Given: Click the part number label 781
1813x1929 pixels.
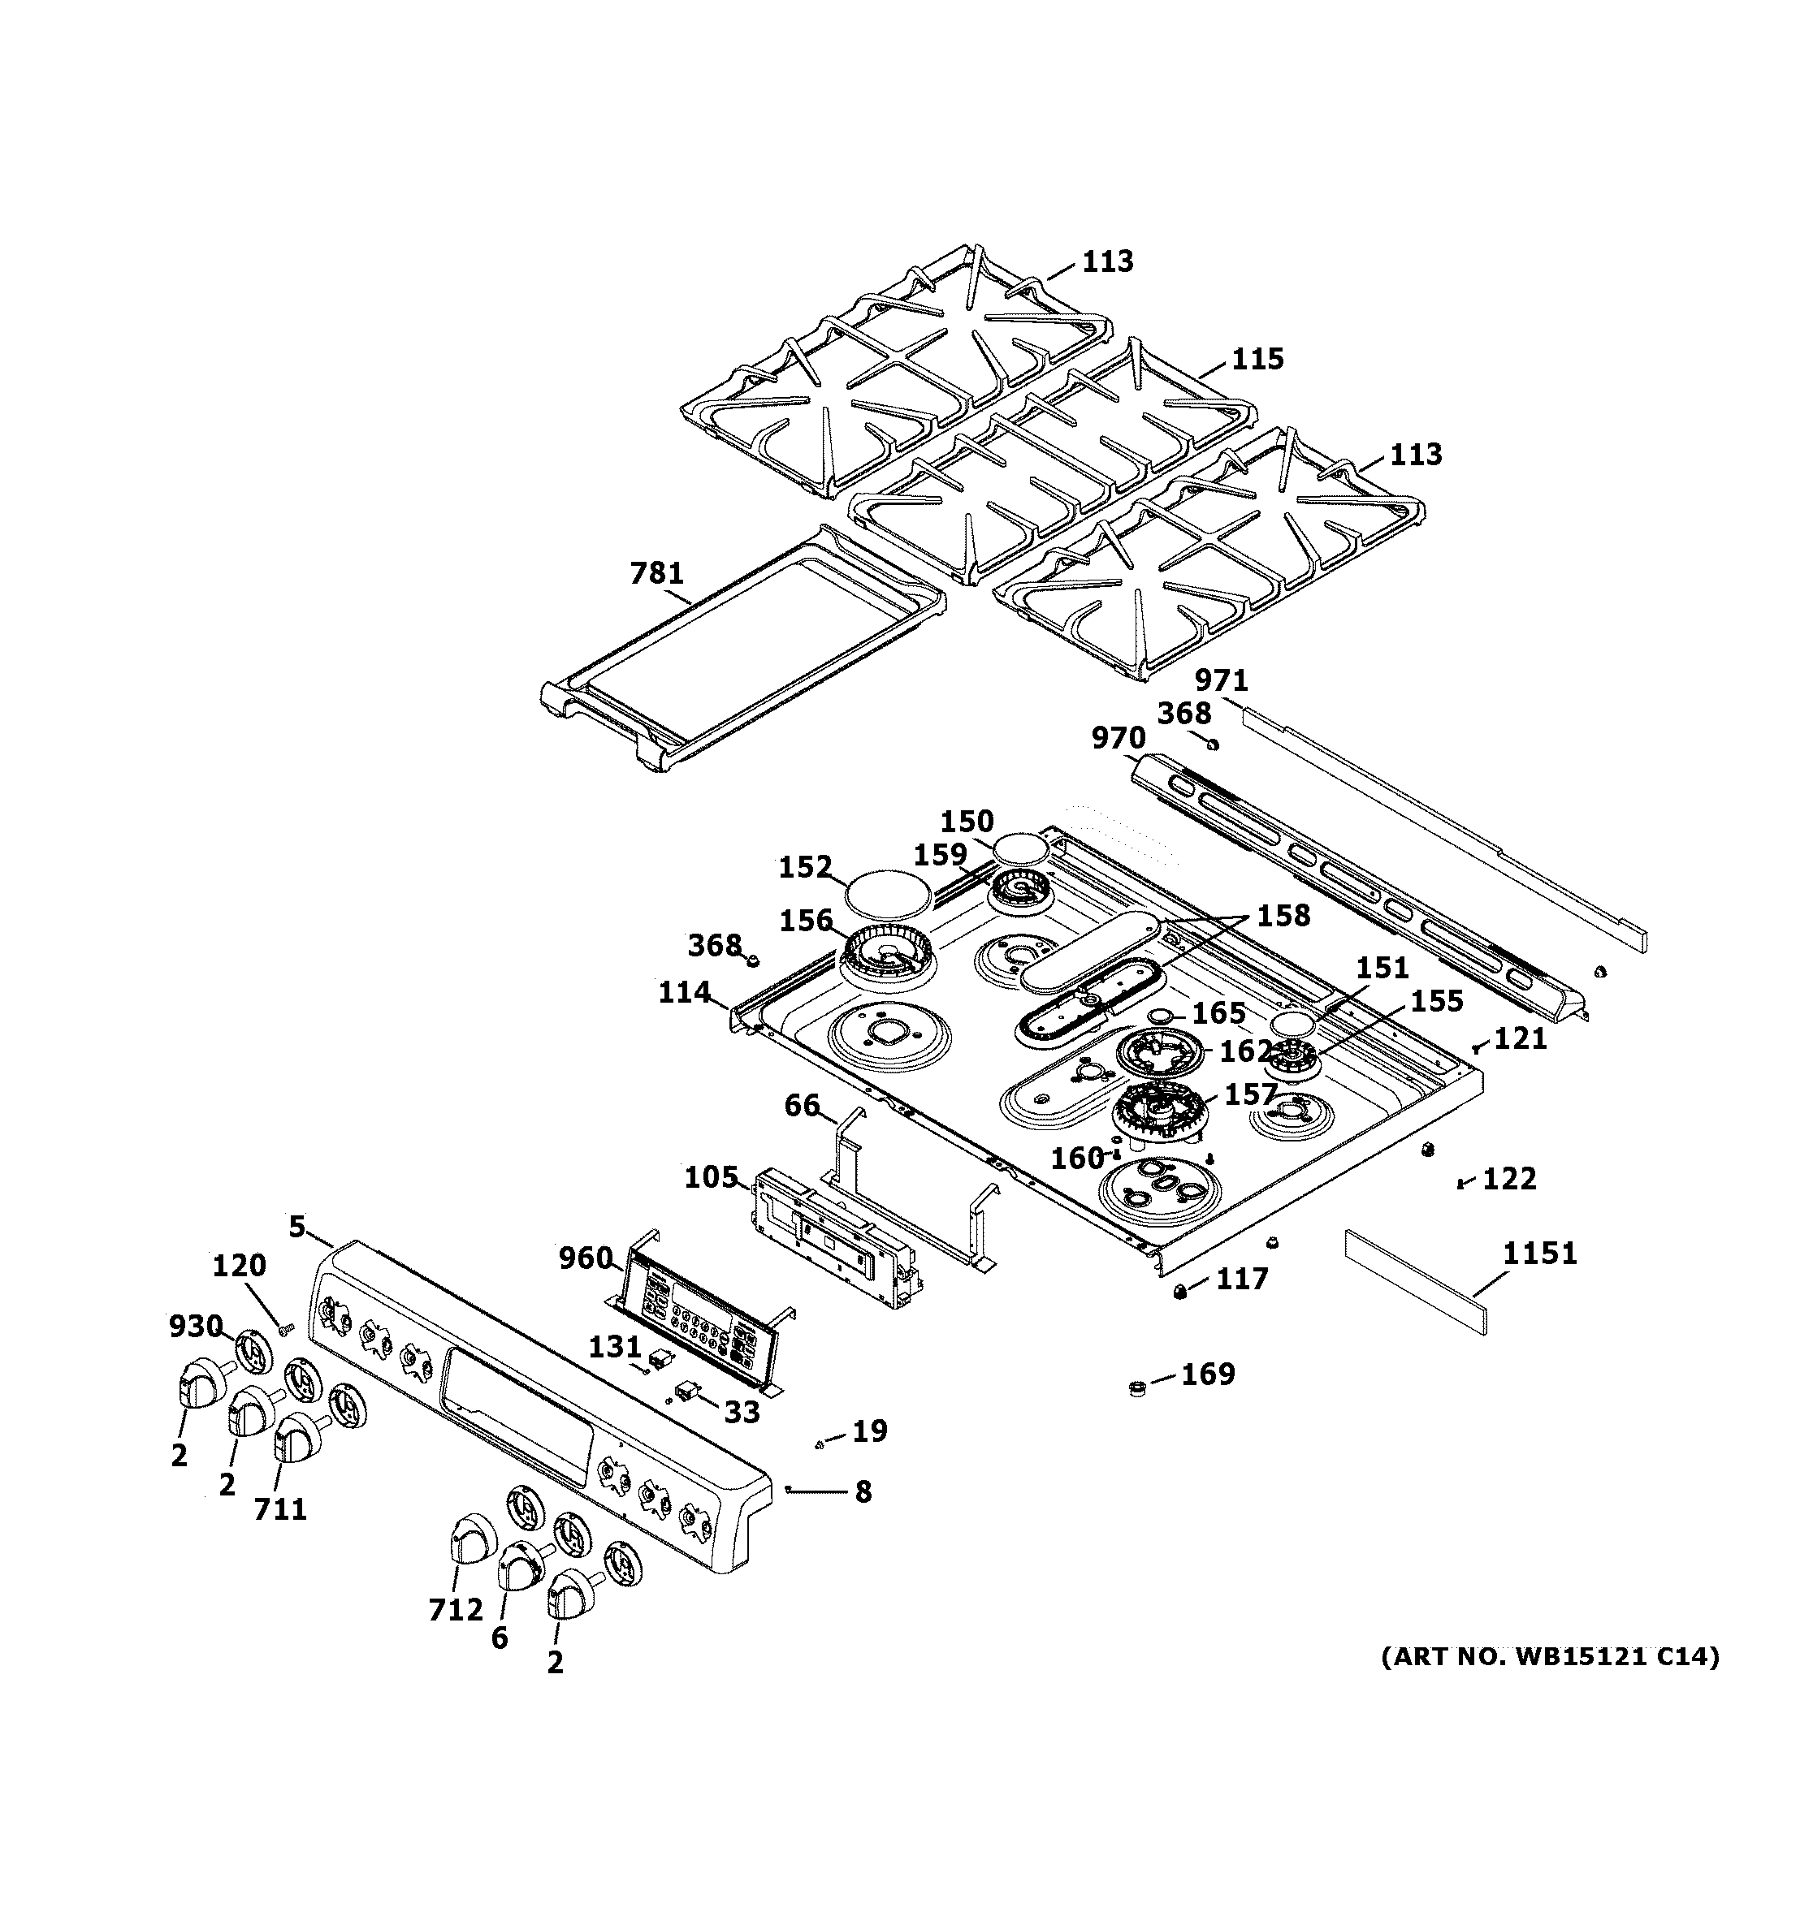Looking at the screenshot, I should [657, 573].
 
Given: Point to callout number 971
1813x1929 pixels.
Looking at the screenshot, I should [1221, 680].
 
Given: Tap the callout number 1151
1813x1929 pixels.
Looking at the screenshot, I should [1540, 1254].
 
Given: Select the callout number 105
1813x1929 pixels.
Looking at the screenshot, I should [712, 1178].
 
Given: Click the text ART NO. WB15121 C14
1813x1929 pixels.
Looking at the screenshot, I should [1550, 1656].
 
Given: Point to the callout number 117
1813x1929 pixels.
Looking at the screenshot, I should [1242, 1279].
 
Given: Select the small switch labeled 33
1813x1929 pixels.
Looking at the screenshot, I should [687, 1393].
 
